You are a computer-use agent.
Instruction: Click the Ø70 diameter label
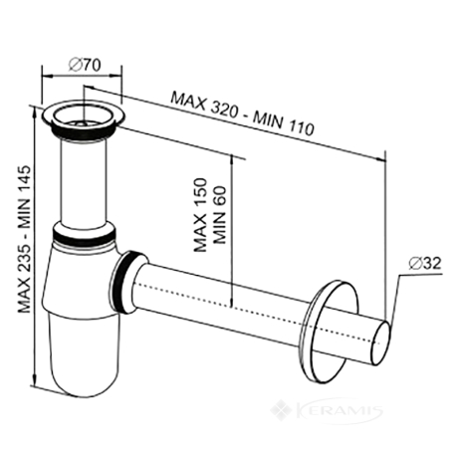(x=85, y=65)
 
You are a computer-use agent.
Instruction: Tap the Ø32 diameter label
(x=425, y=264)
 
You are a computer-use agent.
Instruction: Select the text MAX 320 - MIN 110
(x=242, y=114)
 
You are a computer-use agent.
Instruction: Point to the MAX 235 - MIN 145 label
(x=24, y=239)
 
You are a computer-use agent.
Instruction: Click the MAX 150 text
(x=200, y=215)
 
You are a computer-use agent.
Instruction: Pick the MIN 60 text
(x=219, y=215)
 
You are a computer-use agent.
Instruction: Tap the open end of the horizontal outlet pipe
(x=380, y=343)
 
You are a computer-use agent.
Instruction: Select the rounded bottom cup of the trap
(x=86, y=355)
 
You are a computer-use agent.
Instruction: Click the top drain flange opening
(x=83, y=115)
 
